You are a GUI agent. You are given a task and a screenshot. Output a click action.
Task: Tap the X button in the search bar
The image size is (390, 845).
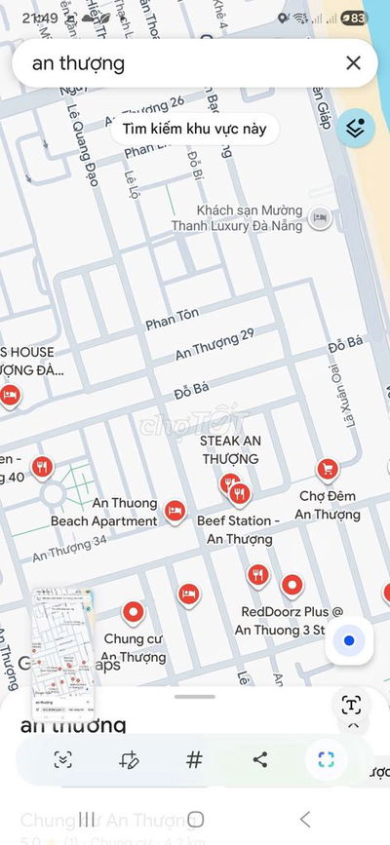point(353,63)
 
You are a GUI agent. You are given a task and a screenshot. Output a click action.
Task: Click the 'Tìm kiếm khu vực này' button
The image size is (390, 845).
point(194,129)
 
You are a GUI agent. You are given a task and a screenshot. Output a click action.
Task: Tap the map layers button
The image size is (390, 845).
point(357,128)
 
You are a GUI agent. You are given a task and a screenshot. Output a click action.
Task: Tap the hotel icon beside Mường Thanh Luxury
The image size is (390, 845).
point(319,218)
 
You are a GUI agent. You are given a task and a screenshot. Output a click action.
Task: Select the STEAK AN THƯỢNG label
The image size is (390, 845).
point(230,449)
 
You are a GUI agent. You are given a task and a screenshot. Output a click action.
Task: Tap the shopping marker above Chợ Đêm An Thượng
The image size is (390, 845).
point(329,469)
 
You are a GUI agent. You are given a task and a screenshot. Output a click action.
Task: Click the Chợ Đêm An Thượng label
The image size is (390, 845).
point(328,506)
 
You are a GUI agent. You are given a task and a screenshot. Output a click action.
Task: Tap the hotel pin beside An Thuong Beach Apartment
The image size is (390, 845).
point(175,510)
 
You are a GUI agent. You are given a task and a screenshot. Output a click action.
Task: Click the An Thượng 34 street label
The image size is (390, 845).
point(69,550)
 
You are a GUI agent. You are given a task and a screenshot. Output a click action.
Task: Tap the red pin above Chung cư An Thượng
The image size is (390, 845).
point(134,612)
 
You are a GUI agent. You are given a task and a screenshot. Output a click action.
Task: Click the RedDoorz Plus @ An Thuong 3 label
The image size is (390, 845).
point(289,620)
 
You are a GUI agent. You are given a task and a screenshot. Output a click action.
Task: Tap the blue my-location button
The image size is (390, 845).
point(348,640)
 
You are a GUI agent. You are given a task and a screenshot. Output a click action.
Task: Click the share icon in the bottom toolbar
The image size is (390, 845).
point(259,760)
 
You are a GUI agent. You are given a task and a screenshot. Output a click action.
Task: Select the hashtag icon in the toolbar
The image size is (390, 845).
point(194,760)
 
